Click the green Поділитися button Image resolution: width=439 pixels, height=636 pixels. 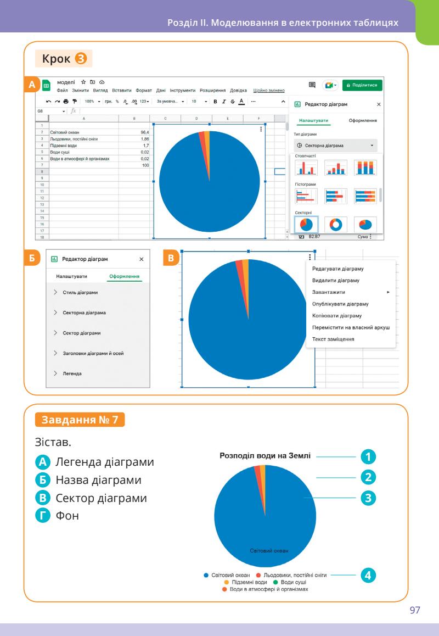click(363, 85)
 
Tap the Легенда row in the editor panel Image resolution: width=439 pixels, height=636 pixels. click(72, 373)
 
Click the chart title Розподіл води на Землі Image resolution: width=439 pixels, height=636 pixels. click(266, 455)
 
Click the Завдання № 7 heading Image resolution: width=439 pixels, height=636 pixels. click(80, 421)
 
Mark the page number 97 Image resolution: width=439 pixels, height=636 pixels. click(416, 611)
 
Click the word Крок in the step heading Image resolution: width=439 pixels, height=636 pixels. click(57, 58)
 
